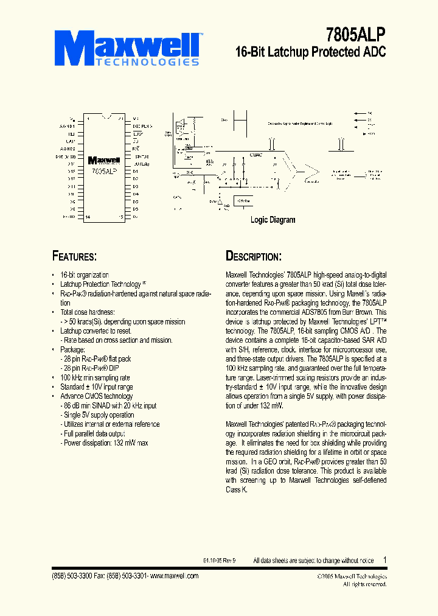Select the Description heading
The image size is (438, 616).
pos(253,256)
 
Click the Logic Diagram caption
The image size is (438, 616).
pos(273,220)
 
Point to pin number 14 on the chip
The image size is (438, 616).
pos(89,216)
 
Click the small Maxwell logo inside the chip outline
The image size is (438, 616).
pos(104,161)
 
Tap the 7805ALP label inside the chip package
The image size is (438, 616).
pos(104,172)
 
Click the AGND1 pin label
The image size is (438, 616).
pos(67,126)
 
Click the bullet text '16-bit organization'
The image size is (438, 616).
pos(85,275)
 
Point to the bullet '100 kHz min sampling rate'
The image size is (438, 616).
pos(95,378)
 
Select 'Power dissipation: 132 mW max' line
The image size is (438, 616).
pos(105,443)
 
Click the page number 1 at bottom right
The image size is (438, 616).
pos(384,560)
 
